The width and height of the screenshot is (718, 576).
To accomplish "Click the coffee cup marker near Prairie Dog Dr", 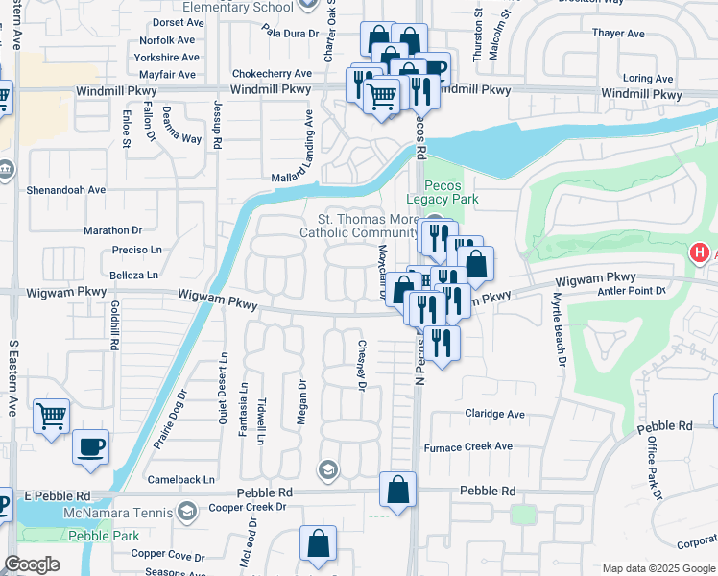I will pyautogui.click(x=90, y=446).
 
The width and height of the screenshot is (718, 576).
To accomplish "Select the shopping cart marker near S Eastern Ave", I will pyautogui.click(x=52, y=416).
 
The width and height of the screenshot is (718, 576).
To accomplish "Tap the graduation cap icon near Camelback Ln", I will pyautogui.click(x=328, y=469).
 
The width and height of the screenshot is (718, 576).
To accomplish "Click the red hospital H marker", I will pyautogui.click(x=702, y=253).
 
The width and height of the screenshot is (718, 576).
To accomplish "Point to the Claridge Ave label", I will pyautogui.click(x=494, y=415).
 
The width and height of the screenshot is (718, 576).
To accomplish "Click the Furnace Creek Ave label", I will pyautogui.click(x=470, y=446).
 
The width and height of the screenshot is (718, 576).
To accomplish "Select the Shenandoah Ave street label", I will pyautogui.click(x=66, y=190).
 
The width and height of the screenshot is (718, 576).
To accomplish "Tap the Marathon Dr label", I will pyautogui.click(x=112, y=230).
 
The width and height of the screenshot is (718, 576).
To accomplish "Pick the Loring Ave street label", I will pyautogui.click(x=650, y=79).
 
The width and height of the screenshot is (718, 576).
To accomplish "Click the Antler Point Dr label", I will pyautogui.click(x=632, y=291).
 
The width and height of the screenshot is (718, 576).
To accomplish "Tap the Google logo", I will pyautogui.click(x=32, y=564).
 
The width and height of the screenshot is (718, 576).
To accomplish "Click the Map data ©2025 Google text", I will pyautogui.click(x=658, y=568).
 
